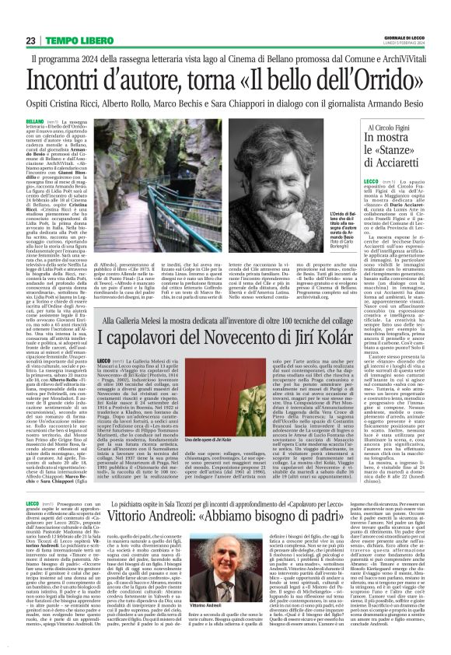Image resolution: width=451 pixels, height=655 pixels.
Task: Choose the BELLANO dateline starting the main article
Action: click(34, 123)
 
